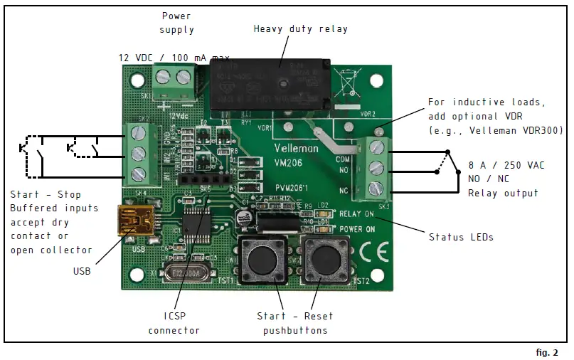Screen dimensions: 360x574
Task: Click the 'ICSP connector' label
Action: [x=174, y=323]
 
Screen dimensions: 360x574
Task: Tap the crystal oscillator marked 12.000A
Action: [x=186, y=272]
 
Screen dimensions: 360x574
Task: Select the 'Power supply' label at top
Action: [x=177, y=23]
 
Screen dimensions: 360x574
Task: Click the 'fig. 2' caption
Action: [x=546, y=352]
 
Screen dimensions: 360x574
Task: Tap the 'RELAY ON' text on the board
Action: [x=357, y=213]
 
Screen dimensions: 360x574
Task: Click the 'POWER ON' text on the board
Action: [x=357, y=229]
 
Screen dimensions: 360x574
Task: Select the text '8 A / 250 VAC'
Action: [x=506, y=165]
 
